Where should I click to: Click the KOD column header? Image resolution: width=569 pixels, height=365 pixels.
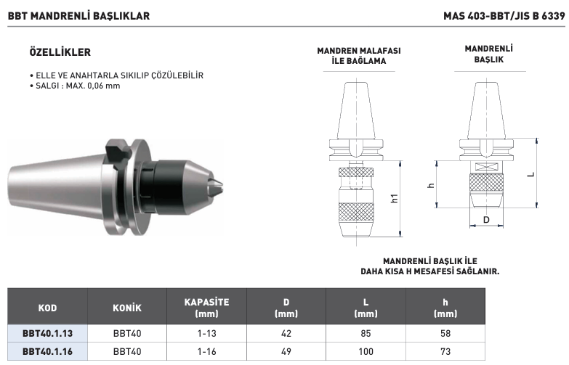47,308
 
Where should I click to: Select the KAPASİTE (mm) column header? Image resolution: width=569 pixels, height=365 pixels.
206,308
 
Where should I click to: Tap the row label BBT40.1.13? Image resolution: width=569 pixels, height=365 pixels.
47,334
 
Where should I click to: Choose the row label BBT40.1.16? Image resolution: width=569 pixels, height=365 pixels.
47,352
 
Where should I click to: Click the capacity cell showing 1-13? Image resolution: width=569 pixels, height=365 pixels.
206,334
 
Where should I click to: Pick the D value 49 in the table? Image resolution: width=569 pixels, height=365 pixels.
286,352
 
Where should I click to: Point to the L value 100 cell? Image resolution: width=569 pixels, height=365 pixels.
366,352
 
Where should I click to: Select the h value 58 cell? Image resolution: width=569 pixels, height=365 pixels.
445,334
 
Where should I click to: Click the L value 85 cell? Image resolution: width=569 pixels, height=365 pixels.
366,334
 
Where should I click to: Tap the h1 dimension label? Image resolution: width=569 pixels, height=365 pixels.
395,198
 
